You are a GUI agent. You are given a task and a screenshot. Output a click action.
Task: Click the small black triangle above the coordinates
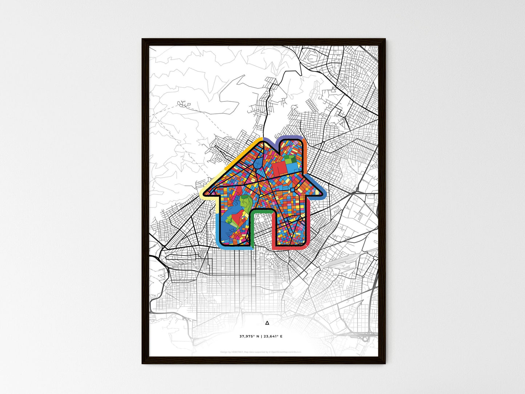[x=267, y=323]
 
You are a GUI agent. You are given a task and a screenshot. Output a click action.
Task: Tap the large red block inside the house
[x=279, y=168]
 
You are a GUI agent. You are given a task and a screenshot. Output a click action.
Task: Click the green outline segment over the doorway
[x=262, y=210]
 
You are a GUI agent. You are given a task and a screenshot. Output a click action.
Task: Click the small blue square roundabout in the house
[x=292, y=190]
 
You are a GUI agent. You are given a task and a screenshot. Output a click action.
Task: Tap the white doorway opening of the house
[x=262, y=229]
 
